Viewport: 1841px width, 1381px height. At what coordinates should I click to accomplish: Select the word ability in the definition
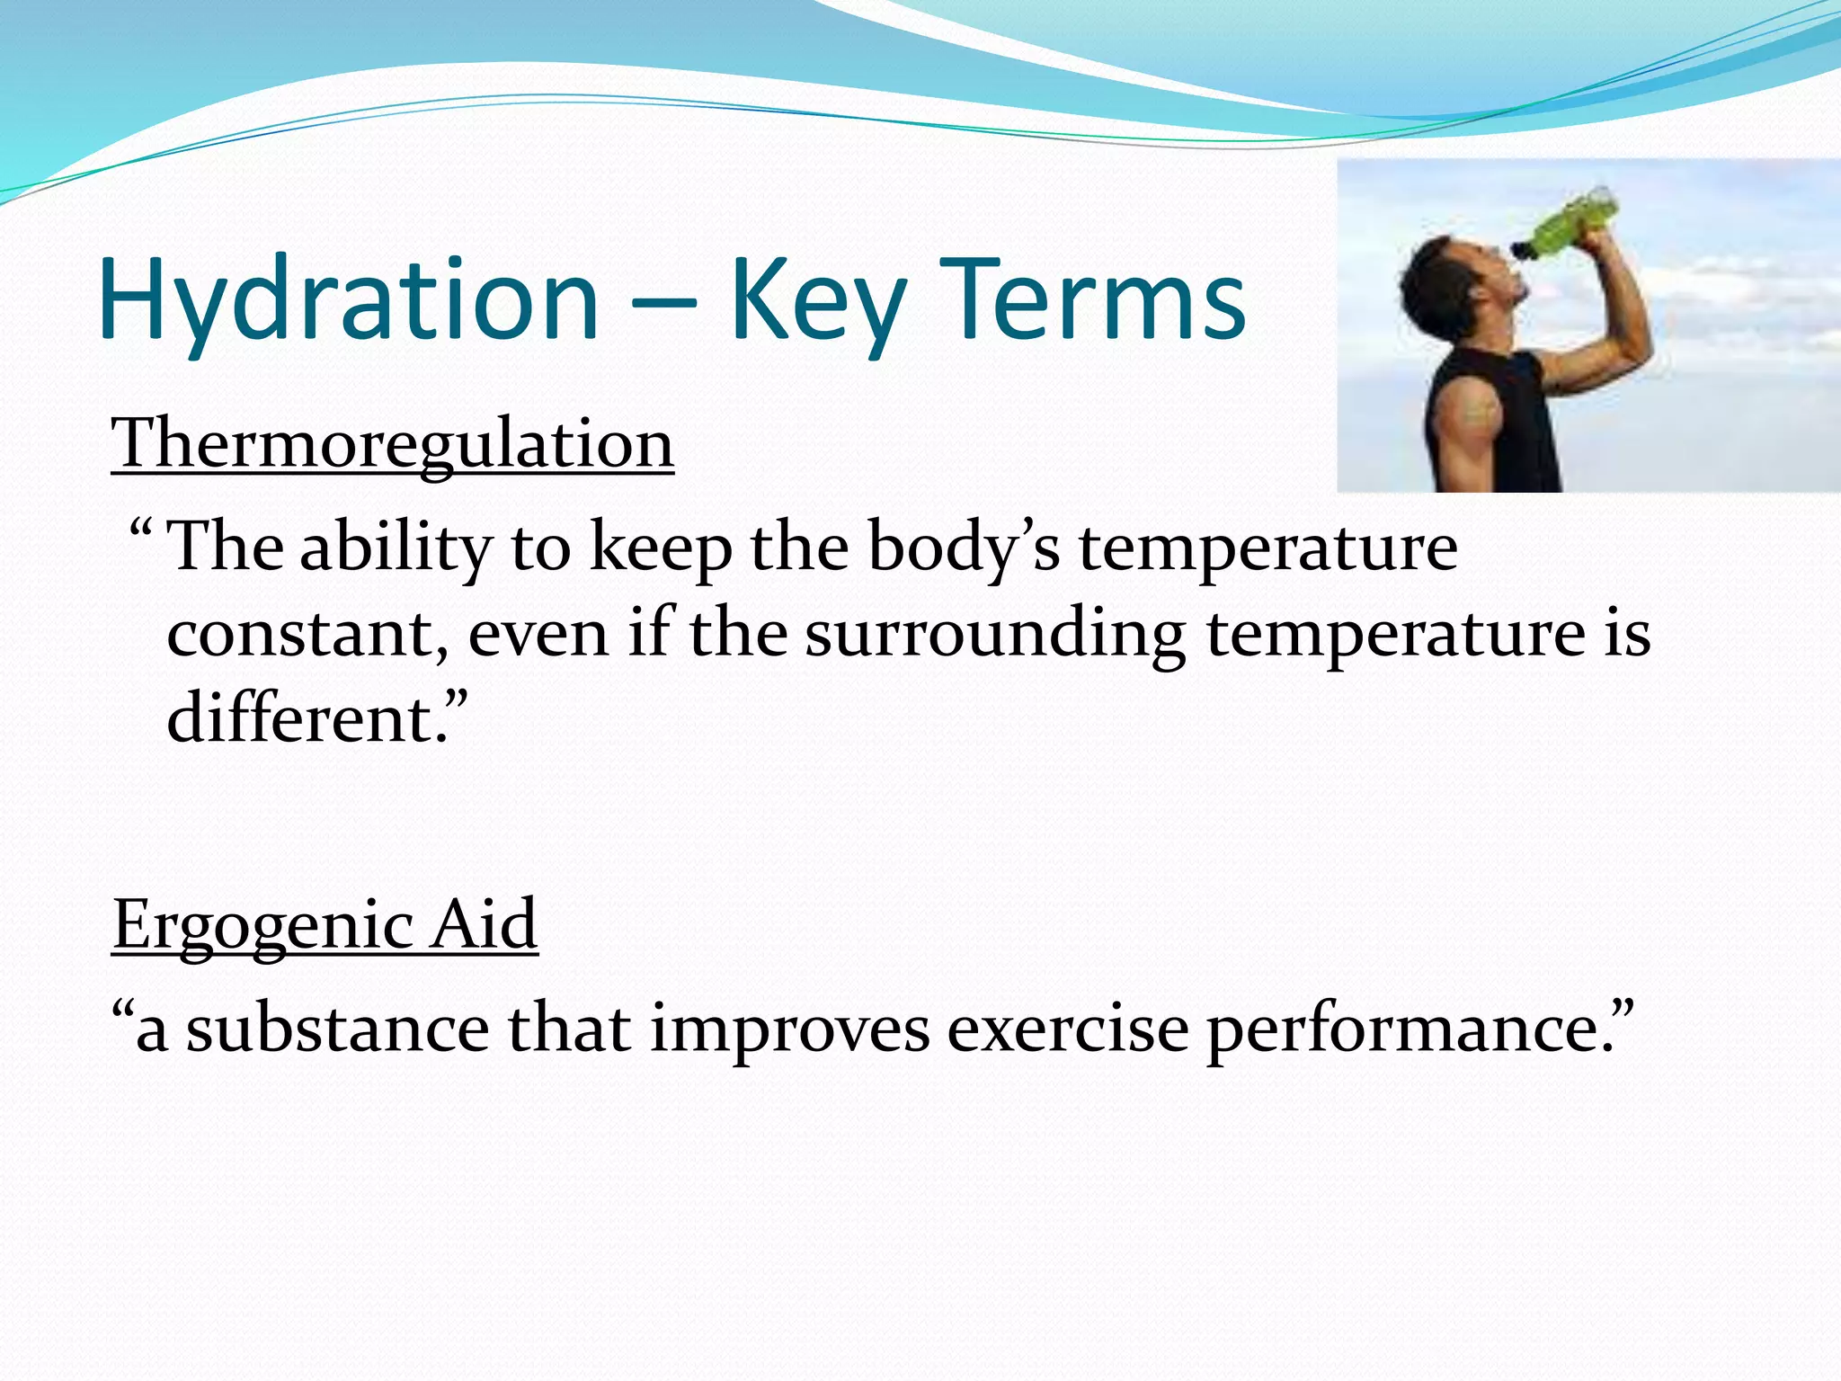point(396,548)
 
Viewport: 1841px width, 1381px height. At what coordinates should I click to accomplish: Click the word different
point(310,719)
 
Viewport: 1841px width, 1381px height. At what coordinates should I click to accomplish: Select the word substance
point(337,1029)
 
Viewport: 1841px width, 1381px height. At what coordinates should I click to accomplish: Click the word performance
point(1416,1029)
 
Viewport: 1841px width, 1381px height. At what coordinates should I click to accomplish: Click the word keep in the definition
point(661,548)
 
